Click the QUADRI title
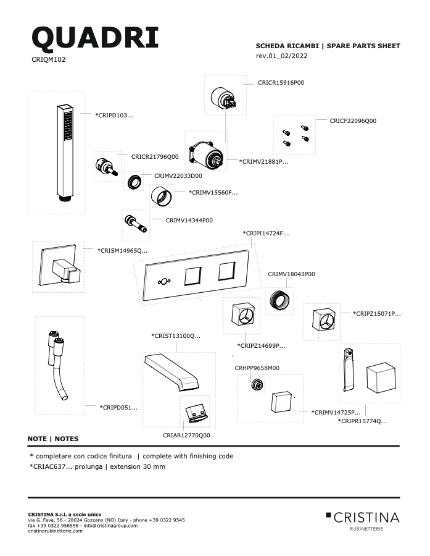[95, 38]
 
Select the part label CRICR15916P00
[281, 83]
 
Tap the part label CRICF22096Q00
[353, 121]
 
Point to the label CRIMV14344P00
[189, 220]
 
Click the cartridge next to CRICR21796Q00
[107, 167]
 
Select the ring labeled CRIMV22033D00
[134, 182]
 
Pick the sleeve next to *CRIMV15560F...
[161, 196]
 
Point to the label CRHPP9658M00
[257, 368]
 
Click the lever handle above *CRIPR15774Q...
[349, 370]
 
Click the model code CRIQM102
[49, 59]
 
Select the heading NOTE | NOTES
[53, 439]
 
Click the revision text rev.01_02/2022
[281, 56]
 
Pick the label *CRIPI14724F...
[266, 234]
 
